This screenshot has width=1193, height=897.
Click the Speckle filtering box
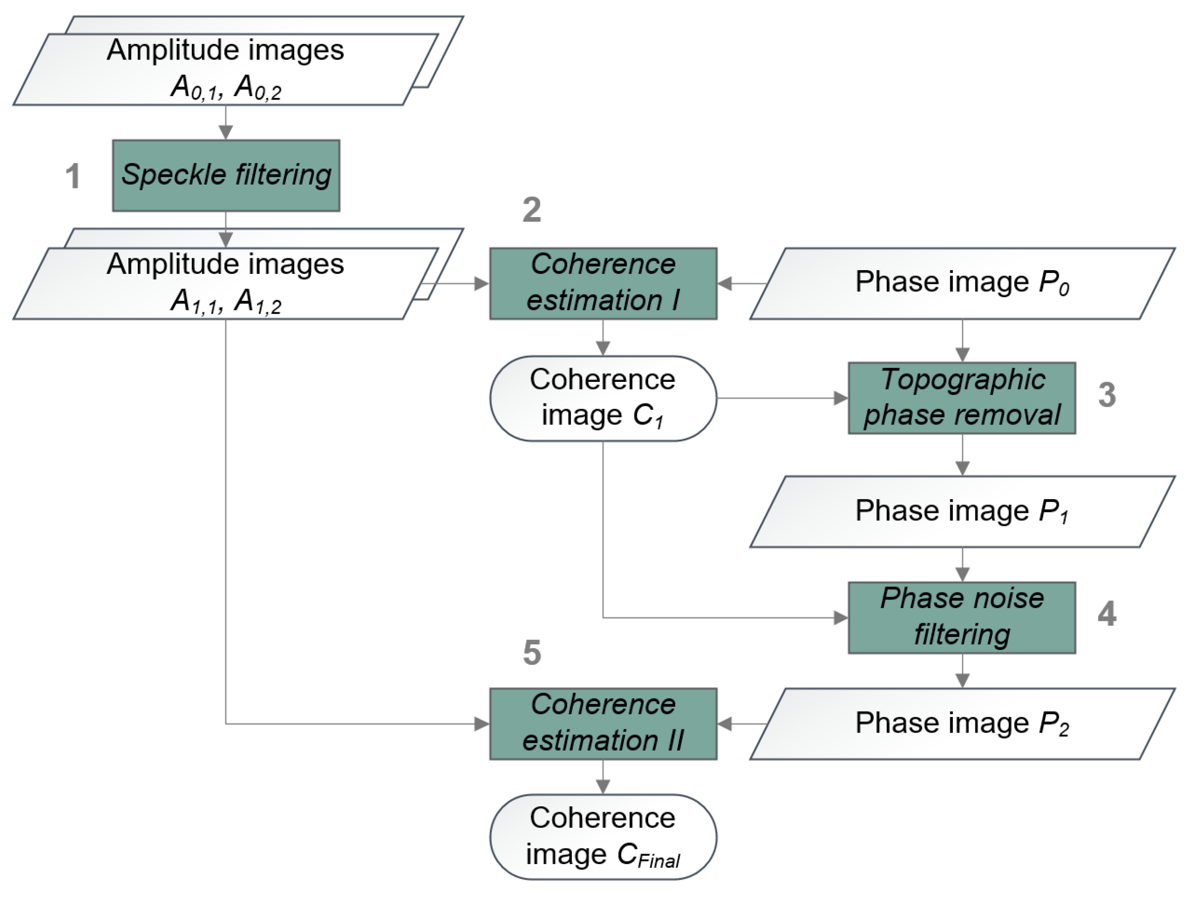click(x=226, y=176)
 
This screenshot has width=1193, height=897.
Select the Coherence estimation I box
click(x=603, y=283)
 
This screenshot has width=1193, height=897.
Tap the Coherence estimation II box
click(x=603, y=723)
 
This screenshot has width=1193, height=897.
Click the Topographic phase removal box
click(x=962, y=398)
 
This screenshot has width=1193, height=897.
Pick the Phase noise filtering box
click(x=962, y=617)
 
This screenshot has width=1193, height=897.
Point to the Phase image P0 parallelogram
click(x=962, y=283)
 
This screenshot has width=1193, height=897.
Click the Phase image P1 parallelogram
click(x=962, y=511)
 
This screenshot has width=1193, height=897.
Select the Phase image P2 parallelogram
click(x=962, y=723)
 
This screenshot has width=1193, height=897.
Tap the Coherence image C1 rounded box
click(x=603, y=398)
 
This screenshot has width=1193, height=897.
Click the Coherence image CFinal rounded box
click(x=603, y=837)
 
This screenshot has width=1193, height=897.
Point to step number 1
click(x=73, y=177)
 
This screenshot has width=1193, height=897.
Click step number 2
click(x=532, y=210)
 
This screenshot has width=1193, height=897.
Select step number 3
click(x=1107, y=395)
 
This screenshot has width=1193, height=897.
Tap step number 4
click(x=1107, y=614)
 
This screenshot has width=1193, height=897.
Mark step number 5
click(x=532, y=653)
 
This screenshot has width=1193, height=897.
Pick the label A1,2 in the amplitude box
click(x=258, y=302)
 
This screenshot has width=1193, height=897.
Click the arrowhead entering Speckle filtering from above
click(x=226, y=132)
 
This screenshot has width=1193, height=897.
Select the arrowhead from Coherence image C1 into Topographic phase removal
click(x=841, y=398)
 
